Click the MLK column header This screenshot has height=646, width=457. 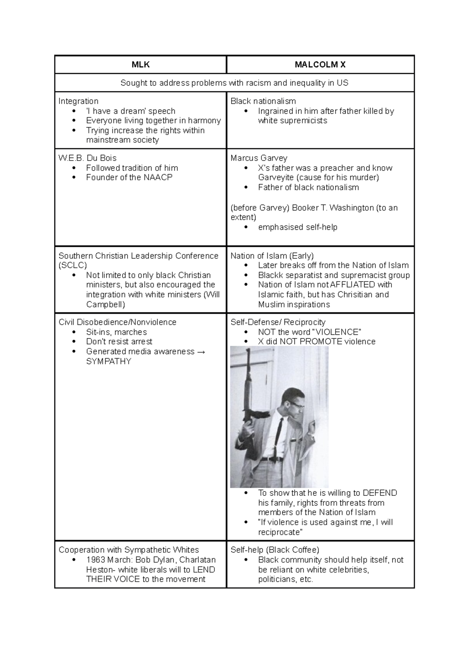coord(141,65)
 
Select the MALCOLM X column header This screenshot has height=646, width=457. coord(320,65)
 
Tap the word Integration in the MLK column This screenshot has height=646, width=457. coord(78,101)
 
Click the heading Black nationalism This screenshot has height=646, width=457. coord(263,101)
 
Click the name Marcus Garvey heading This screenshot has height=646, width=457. coord(259,158)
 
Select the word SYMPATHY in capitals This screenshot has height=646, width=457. coord(109,361)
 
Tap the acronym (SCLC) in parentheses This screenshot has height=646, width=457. coord(73,266)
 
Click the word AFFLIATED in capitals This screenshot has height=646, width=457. coord(353,285)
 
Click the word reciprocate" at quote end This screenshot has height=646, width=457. coord(280,532)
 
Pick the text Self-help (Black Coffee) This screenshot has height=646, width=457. coord(275,550)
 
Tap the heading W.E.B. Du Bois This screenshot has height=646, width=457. coord(87,158)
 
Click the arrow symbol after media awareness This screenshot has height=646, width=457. coord(201,352)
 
